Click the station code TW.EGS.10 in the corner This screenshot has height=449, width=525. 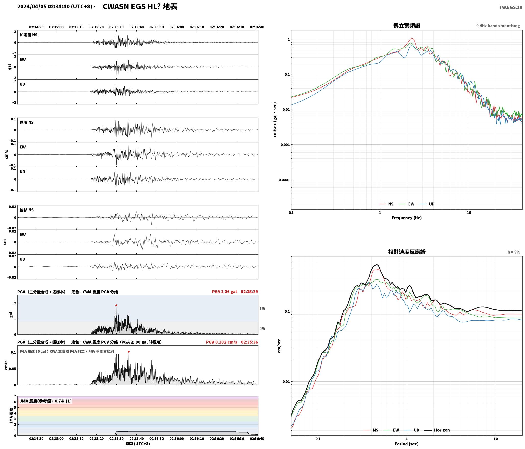[510, 7]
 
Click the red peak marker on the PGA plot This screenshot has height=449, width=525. [116, 305]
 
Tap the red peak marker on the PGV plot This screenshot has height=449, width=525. [129, 352]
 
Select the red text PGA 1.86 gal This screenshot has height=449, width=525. [224, 292]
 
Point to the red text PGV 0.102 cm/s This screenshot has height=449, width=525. [221, 342]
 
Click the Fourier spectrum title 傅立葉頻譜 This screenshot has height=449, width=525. [407, 26]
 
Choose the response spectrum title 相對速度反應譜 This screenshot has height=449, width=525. [407, 252]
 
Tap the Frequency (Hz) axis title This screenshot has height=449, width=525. [407, 218]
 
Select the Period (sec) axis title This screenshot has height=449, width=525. [407, 444]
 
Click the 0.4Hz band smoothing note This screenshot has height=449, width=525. [498, 26]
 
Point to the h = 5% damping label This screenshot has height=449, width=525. [514, 252]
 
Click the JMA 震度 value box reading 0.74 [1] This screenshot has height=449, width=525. [45, 401]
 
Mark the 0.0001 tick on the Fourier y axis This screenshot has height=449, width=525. [284, 180]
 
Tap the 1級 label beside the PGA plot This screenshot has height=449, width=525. [262, 308]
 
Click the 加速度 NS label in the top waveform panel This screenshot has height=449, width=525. [29, 35]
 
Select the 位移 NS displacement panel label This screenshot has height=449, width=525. [27, 210]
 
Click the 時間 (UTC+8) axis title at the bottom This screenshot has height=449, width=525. [137, 444]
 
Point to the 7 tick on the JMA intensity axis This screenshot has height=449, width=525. [15, 396]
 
